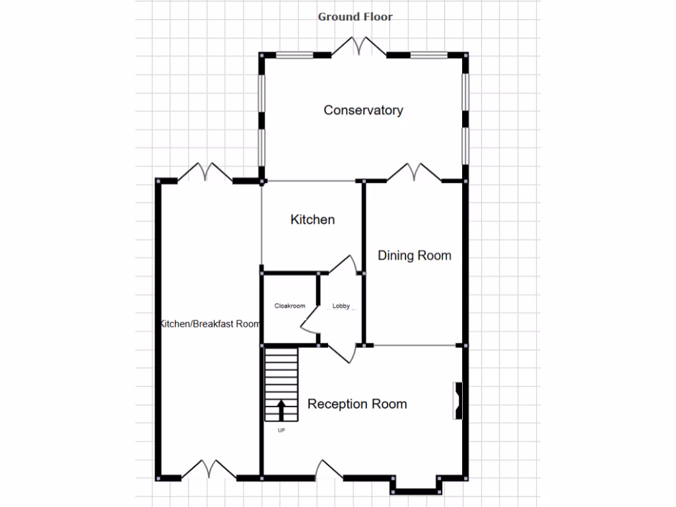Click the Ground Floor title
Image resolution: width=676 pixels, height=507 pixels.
[355, 17]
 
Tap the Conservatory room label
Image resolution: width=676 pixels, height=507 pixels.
[363, 110]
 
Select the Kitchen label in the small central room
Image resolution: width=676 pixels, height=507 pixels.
[312, 220]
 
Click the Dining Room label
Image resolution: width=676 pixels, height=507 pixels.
[414, 255]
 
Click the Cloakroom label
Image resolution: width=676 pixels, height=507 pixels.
[290, 306]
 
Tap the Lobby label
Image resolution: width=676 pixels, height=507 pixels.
[341, 306]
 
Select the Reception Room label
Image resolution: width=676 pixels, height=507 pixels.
[357, 404]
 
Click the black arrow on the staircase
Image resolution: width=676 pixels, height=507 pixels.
[281, 409]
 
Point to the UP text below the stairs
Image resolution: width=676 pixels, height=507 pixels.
[281, 430]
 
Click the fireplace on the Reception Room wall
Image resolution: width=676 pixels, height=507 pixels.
[457, 400]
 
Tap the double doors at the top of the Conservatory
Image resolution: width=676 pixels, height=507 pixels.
[358, 46]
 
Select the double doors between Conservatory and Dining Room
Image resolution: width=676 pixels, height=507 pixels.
[414, 172]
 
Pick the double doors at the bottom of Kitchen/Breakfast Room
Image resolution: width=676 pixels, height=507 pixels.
[209, 469]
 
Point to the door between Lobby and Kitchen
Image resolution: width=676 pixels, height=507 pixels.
[345, 264]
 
